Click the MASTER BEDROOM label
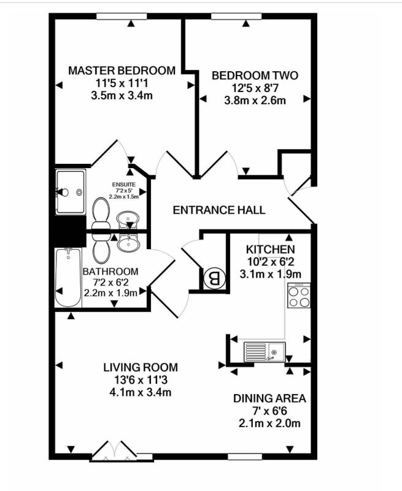(121, 71)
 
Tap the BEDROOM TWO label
(255, 75)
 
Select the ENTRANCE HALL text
(219, 210)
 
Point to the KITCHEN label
(270, 250)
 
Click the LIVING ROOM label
(140, 368)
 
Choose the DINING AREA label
(269, 398)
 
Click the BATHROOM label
(110, 271)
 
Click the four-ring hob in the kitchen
(299, 297)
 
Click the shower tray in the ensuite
(70, 192)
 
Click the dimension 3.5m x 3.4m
(121, 95)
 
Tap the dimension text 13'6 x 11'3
(140, 380)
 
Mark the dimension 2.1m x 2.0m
(269, 423)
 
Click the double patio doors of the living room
(113, 452)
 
